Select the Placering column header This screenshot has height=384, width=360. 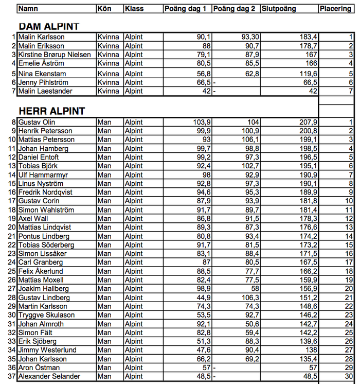[335, 9]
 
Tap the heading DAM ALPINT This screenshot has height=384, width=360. [49, 26]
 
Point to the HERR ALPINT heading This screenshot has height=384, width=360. [52, 111]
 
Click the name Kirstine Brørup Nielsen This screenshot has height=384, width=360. [55, 55]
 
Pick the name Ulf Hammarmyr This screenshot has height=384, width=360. [43, 175]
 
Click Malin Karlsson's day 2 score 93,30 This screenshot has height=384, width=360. [248, 37]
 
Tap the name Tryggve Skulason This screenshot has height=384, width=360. [46, 315]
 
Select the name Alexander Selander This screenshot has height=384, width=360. [49, 376]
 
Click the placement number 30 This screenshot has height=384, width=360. [349, 376]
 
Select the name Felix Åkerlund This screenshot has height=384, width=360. [41, 271]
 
